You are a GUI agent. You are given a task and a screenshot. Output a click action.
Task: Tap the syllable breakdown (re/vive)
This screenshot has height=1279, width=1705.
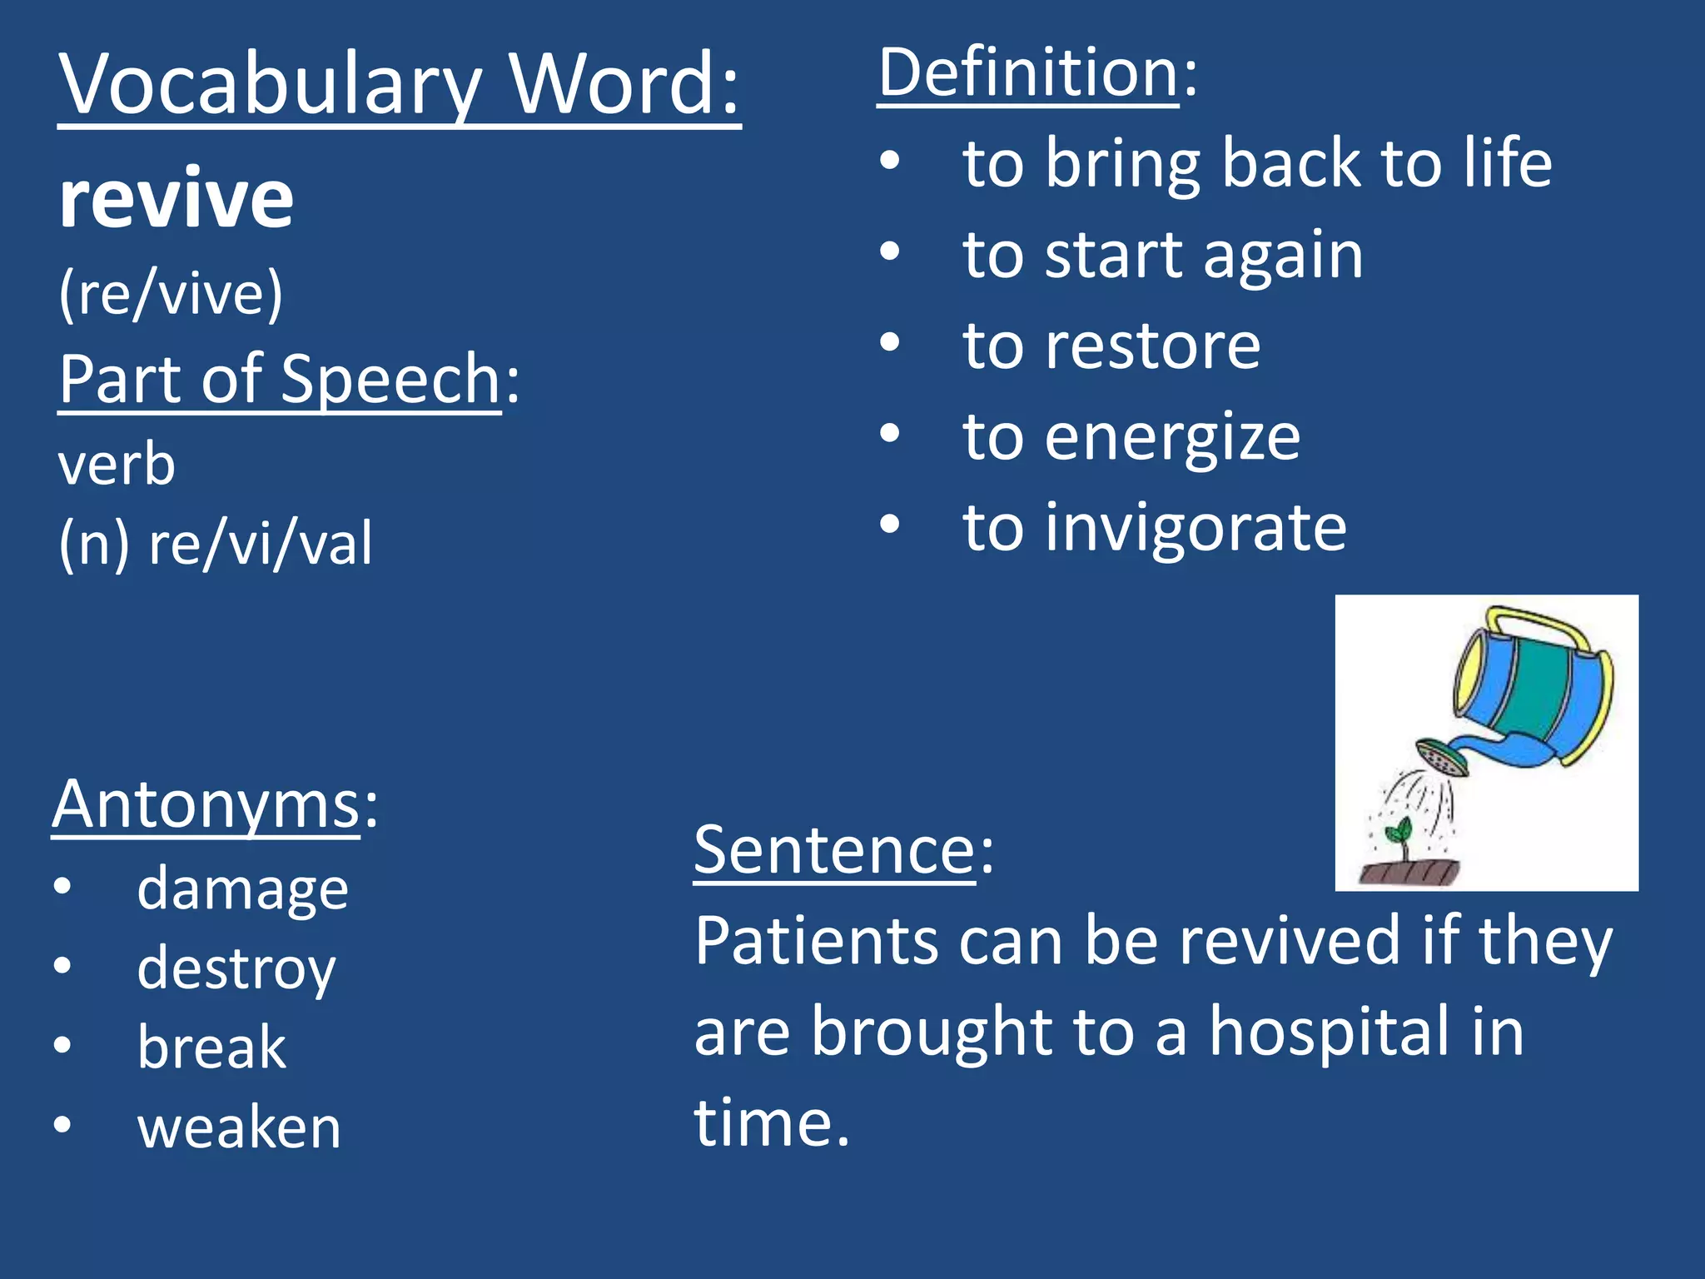[x=171, y=293]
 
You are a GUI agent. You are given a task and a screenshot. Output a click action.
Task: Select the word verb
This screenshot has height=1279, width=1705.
[x=117, y=464]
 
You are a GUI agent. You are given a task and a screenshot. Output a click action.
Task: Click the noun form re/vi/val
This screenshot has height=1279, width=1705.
[x=260, y=543]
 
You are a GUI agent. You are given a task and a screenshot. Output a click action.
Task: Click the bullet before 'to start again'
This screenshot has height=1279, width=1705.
[x=890, y=251]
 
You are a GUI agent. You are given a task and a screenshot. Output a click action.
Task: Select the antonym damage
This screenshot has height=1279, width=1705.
[x=242, y=889]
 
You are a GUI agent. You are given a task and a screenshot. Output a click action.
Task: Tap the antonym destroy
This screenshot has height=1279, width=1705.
[x=236, y=969]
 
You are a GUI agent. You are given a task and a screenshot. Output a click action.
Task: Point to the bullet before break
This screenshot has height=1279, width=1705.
[x=62, y=1045]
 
